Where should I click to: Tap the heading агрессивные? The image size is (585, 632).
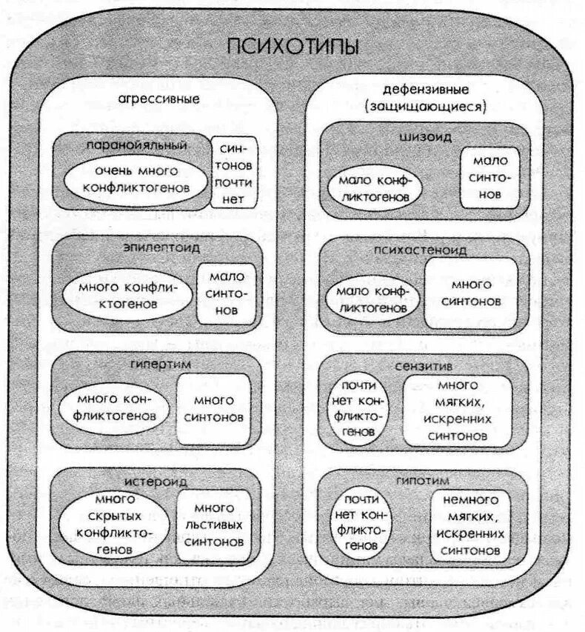pos(157,99)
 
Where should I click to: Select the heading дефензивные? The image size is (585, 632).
pos(424,90)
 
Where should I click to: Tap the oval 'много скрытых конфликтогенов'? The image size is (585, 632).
pos(114,524)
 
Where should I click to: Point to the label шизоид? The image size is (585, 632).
pos(426,137)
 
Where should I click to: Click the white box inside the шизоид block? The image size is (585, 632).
pos(488,178)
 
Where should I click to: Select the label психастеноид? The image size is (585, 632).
pos(426,250)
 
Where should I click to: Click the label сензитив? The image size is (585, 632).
pos(425,365)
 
